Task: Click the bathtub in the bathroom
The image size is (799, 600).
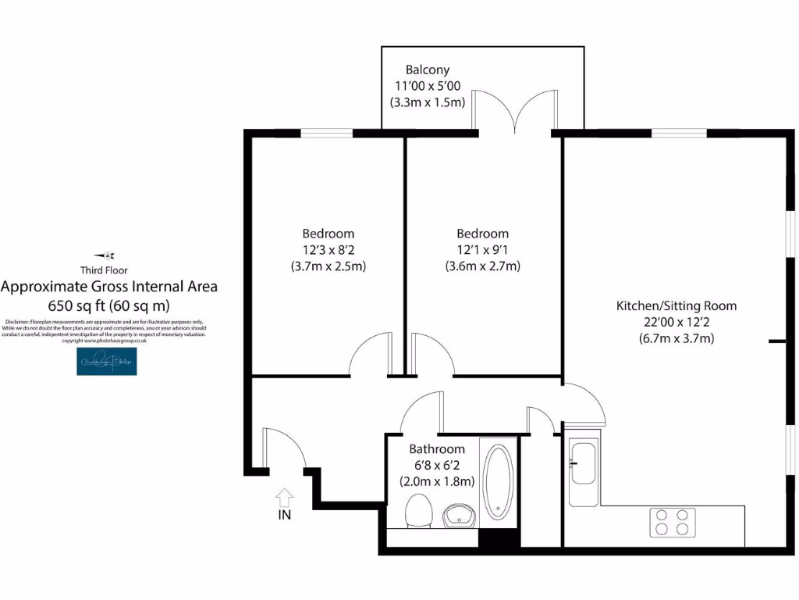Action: tap(498, 482)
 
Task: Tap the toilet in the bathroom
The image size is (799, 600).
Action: tap(418, 512)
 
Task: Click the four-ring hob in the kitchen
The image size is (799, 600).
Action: tap(673, 522)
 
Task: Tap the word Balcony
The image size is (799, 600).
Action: tap(427, 70)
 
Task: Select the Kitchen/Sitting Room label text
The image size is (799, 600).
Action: tap(676, 305)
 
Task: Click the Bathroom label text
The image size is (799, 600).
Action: tap(437, 449)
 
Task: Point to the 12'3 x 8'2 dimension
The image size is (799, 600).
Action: tap(328, 249)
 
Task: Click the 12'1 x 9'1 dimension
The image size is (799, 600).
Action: tap(482, 249)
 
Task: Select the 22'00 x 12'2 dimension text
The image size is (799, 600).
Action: tap(676, 322)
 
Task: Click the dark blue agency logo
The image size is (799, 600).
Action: tap(107, 361)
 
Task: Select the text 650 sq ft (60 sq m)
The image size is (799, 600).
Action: tap(109, 305)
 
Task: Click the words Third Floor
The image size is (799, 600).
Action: tap(108, 270)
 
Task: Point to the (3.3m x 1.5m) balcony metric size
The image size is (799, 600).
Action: tap(427, 102)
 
